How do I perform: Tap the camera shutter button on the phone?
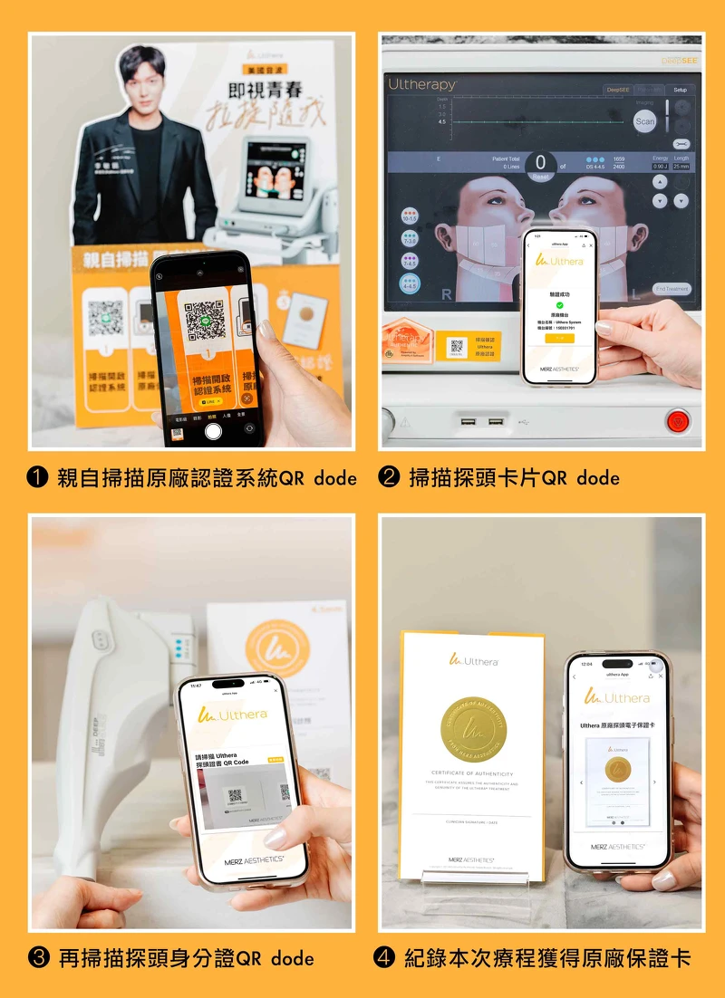point(213,431)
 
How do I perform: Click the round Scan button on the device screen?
point(644,121)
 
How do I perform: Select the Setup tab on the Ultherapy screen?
point(680,90)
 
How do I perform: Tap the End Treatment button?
point(672,289)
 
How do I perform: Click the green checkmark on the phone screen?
point(559,305)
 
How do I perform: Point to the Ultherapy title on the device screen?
point(422,84)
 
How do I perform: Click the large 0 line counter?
point(541,163)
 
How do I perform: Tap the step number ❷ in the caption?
point(389,478)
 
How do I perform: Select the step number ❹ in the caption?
point(384,958)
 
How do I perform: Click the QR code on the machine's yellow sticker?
point(457,345)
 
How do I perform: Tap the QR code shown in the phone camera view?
point(205,319)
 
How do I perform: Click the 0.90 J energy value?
point(660,167)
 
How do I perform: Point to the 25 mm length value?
point(681,167)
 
